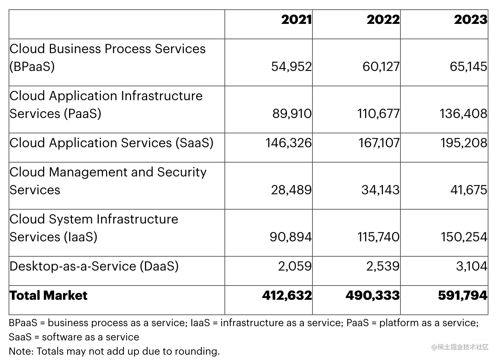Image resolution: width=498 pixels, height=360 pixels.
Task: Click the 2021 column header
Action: coord(296,20)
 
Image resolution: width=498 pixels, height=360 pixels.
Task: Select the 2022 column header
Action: coord(383,20)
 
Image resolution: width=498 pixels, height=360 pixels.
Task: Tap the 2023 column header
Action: coord(470,20)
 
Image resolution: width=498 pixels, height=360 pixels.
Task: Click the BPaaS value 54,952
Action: coord(291,67)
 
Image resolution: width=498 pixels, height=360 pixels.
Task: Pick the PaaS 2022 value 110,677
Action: coord(378,114)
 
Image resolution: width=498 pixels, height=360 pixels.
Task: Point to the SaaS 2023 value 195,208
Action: coord(463,143)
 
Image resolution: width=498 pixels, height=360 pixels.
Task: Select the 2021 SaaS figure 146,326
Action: coord(289,143)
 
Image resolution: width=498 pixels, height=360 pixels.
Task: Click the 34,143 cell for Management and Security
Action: coord(380,190)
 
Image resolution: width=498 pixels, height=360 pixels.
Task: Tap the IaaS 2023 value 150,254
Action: coord(464,237)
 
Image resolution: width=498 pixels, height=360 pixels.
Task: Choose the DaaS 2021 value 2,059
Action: coord(295,266)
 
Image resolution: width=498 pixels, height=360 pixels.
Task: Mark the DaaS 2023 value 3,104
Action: coord(471,266)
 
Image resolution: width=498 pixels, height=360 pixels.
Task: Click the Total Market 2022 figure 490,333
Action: coord(373,295)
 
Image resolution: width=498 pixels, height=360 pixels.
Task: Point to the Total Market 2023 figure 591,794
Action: coord(462,295)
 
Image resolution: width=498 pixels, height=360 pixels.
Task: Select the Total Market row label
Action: coord(48,295)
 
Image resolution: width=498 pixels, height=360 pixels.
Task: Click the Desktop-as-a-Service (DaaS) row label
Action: coord(94,266)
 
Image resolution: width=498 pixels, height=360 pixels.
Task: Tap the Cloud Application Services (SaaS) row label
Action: coord(111,143)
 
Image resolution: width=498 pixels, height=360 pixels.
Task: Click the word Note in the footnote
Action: coord(20,351)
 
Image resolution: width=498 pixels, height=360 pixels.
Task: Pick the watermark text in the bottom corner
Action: coord(460,347)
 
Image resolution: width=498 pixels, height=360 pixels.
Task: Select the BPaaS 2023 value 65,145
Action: coord(468,67)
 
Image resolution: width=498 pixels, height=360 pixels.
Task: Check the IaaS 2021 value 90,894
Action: coord(290,237)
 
